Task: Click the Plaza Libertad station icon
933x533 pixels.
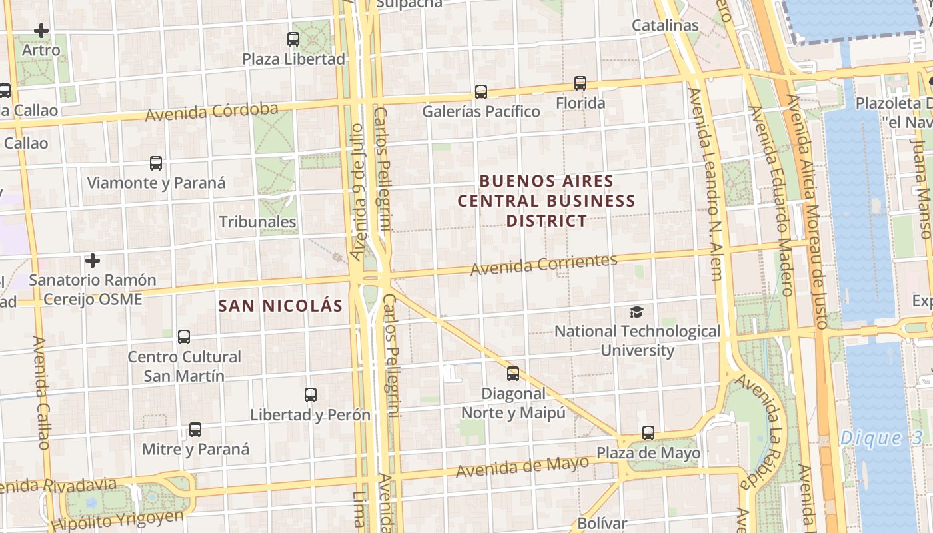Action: pos(293,39)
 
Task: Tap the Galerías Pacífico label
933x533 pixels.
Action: pos(480,111)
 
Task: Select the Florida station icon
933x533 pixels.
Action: pos(580,83)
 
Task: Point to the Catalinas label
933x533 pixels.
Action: pos(665,25)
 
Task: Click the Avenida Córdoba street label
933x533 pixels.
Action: pos(211,112)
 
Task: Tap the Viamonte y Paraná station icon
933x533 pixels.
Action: pos(156,163)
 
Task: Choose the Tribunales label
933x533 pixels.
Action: pos(257,222)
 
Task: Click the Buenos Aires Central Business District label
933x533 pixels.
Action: pos(546,201)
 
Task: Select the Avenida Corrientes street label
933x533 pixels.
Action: pos(544,264)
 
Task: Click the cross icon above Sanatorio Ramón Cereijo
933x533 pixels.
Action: pos(93,260)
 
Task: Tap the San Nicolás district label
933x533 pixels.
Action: pos(281,306)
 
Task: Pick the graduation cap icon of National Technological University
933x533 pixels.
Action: pos(637,312)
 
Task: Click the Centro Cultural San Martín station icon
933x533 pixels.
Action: pos(184,337)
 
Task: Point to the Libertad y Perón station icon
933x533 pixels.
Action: pos(311,395)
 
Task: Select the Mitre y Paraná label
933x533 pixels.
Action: pos(195,449)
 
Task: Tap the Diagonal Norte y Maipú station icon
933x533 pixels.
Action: pos(512,374)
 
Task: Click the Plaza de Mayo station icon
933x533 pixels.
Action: pos(648,433)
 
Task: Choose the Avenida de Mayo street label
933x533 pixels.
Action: pos(522,466)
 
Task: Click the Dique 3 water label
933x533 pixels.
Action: pos(881,438)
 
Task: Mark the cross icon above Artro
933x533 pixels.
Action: pos(41,31)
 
